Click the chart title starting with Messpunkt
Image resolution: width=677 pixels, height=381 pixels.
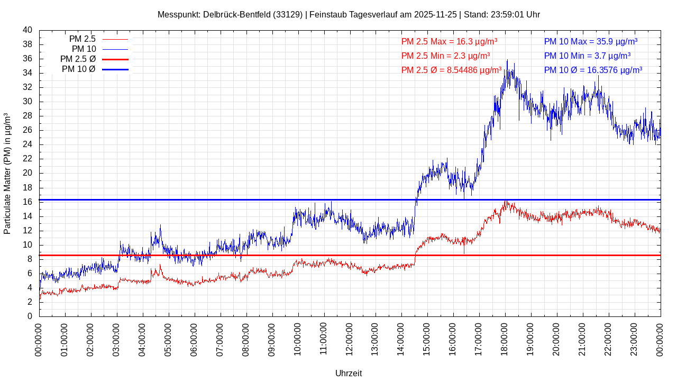coord(349,14)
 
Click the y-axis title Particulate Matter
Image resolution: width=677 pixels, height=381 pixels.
coord(7,174)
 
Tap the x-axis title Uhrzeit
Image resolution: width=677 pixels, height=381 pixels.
coord(349,373)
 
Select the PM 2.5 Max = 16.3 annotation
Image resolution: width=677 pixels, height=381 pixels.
coord(449,41)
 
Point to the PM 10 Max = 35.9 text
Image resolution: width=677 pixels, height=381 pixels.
coord(590,41)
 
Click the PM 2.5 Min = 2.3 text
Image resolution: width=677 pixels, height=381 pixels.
coord(445,56)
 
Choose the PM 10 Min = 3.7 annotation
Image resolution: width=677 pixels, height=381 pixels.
coord(587,56)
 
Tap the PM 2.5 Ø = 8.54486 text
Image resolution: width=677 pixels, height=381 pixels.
coord(451,70)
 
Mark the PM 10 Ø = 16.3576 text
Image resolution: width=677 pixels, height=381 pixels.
coord(593,70)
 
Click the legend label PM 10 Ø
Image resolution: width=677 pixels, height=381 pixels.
coord(78,69)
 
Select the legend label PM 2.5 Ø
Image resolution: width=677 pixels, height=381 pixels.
coord(78,59)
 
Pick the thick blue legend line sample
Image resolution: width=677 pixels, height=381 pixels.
coord(115,69)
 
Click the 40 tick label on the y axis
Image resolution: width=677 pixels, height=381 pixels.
coord(28,30)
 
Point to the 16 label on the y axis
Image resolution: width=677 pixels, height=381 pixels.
coord(28,202)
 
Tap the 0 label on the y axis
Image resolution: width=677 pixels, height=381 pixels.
coord(30,316)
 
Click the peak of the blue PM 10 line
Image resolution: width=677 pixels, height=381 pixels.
coord(507,60)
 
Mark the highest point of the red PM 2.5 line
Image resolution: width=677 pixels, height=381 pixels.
coord(506,201)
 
